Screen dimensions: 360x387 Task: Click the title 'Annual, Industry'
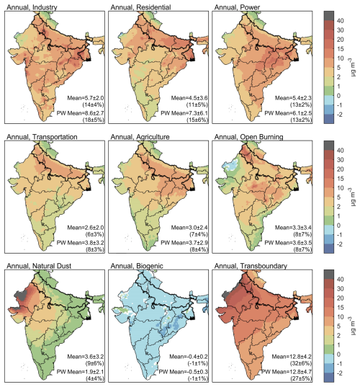32,7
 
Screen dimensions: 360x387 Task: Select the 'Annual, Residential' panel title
140,7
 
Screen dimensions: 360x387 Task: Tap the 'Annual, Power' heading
237,7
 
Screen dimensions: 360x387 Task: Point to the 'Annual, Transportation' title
42,137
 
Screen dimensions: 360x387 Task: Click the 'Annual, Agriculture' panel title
140,137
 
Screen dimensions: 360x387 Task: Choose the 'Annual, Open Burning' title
248,137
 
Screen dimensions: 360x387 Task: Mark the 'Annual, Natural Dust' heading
39,266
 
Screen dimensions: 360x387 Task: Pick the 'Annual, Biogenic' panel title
137,266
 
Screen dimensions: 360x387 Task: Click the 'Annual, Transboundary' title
251,266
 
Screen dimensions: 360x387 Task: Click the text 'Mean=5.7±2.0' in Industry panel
86,98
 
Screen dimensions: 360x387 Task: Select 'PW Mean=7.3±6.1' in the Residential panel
184,113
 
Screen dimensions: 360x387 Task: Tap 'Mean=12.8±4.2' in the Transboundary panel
292,357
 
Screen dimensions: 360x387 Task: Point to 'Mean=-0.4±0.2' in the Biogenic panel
189,357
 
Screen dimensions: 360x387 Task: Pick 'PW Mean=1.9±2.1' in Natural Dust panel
80,372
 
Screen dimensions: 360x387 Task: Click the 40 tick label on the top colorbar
341,21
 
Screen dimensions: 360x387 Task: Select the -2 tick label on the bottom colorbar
339,373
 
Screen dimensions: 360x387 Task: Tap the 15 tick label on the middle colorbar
341,179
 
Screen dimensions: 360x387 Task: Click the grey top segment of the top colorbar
329,16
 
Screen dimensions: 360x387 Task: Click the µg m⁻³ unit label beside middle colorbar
353,197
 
